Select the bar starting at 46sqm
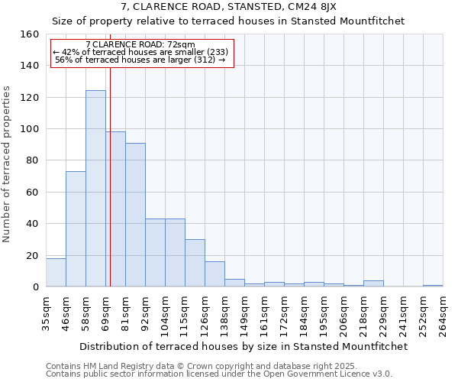pos(76,229)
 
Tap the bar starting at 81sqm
pos(135,215)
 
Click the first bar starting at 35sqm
pos(56,273)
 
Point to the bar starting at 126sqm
pos(214,274)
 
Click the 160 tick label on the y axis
pos(30,34)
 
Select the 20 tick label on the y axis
pos(33,255)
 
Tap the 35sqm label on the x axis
pos(46,312)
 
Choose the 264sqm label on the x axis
pos(443,312)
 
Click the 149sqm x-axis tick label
pos(244,312)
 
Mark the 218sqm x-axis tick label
pos(363,312)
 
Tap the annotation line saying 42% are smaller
pos(140,52)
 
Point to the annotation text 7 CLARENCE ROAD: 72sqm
pos(140,44)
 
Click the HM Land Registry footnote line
pos(202,366)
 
